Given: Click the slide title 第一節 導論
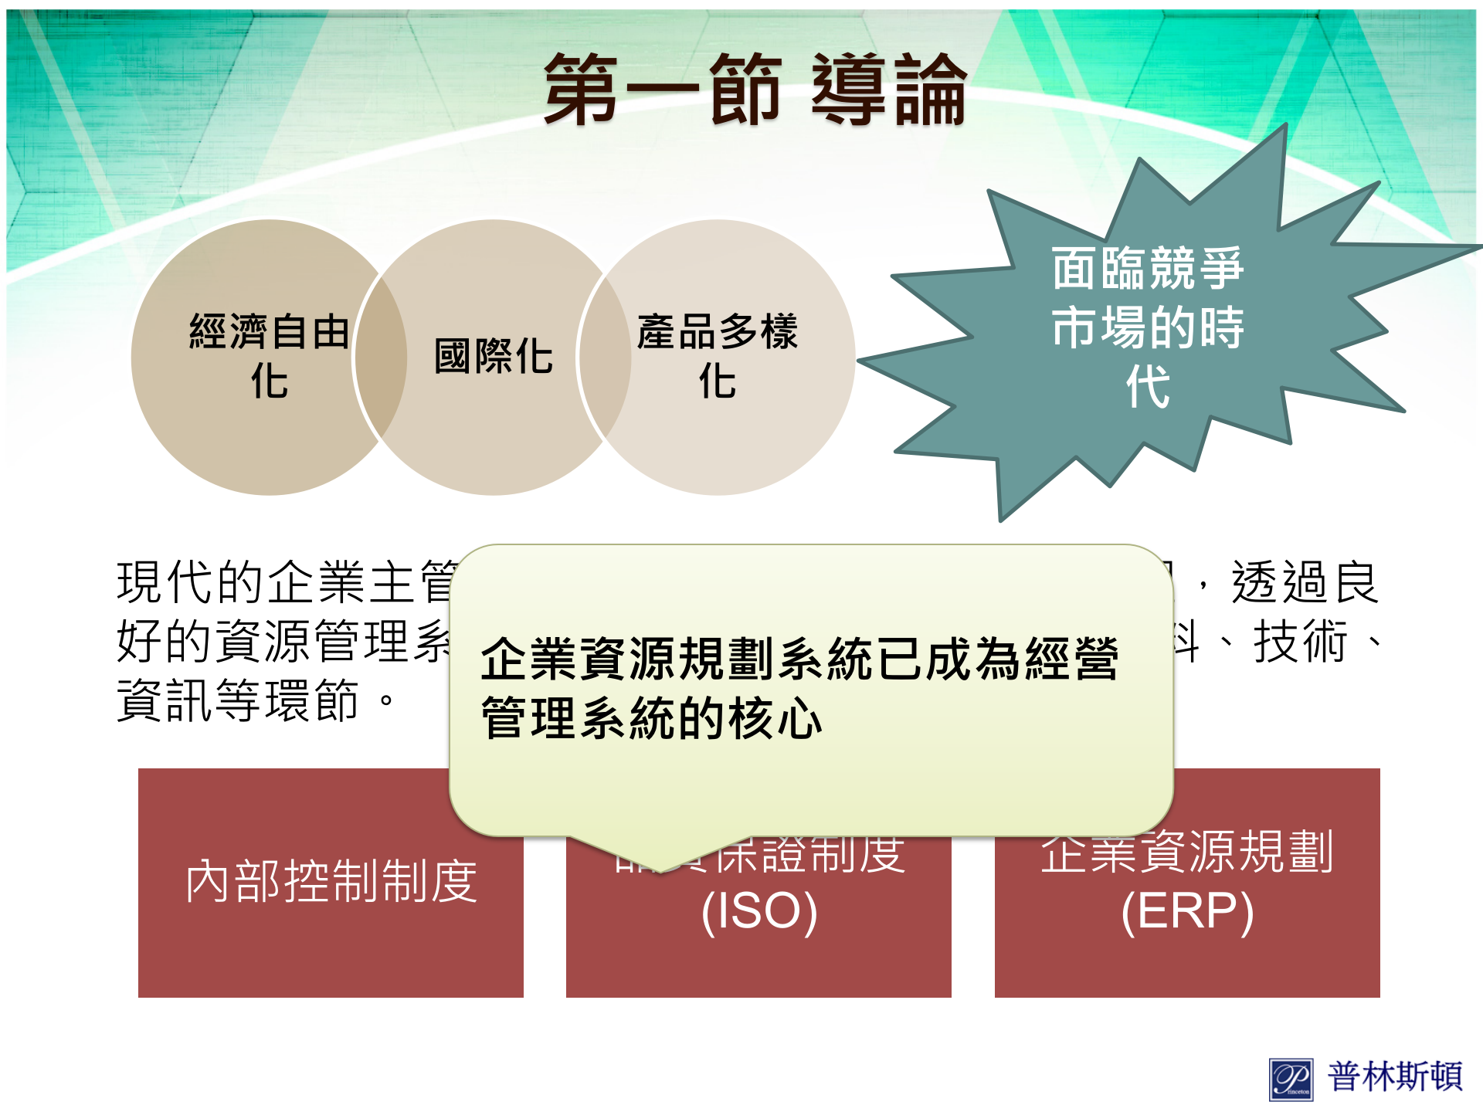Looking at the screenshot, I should click(x=755, y=90).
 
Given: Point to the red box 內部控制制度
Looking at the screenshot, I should click(x=331, y=882).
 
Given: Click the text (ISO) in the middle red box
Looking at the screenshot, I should click(x=758, y=911).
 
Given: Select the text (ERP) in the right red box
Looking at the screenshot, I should click(x=1186, y=911).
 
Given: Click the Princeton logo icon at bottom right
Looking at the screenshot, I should click(x=1291, y=1078).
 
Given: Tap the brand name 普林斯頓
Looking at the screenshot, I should click(x=1395, y=1076).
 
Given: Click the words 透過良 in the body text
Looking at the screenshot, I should click(x=1305, y=582).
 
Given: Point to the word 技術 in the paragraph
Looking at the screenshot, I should click(x=1301, y=641).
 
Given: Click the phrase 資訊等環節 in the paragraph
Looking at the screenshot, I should click(x=238, y=700).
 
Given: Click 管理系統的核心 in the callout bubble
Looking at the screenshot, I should click(x=650, y=718).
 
